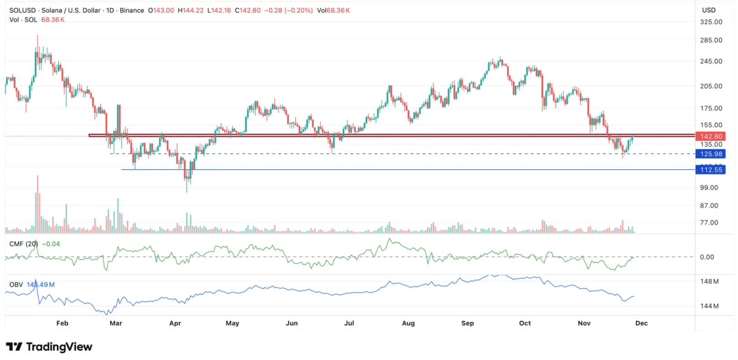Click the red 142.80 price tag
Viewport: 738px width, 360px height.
coord(711,136)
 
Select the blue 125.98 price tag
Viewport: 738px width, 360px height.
coord(711,154)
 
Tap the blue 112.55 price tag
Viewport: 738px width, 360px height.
coord(711,170)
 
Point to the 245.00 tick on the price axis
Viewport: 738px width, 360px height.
coord(711,61)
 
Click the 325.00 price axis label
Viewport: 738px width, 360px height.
coord(711,22)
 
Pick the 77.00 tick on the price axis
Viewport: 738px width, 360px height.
coord(709,223)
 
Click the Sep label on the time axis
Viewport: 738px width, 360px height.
coord(468,323)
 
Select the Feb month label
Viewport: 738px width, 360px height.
coord(62,323)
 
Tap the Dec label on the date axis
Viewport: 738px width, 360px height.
coord(641,323)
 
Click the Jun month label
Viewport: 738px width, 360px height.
coord(291,323)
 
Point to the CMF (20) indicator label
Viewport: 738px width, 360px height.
coord(24,244)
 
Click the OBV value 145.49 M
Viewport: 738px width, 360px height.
coord(41,285)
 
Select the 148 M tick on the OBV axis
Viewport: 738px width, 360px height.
coord(709,282)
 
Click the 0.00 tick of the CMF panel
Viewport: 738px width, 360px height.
coord(707,257)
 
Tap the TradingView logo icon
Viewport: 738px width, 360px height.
coord(14,347)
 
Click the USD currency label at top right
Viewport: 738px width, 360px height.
coord(708,10)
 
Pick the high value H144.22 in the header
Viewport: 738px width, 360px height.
coord(191,10)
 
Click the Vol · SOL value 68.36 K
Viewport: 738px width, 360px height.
coord(53,20)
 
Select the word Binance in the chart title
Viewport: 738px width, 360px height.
coord(132,10)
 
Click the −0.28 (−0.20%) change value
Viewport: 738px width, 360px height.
coord(289,10)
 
